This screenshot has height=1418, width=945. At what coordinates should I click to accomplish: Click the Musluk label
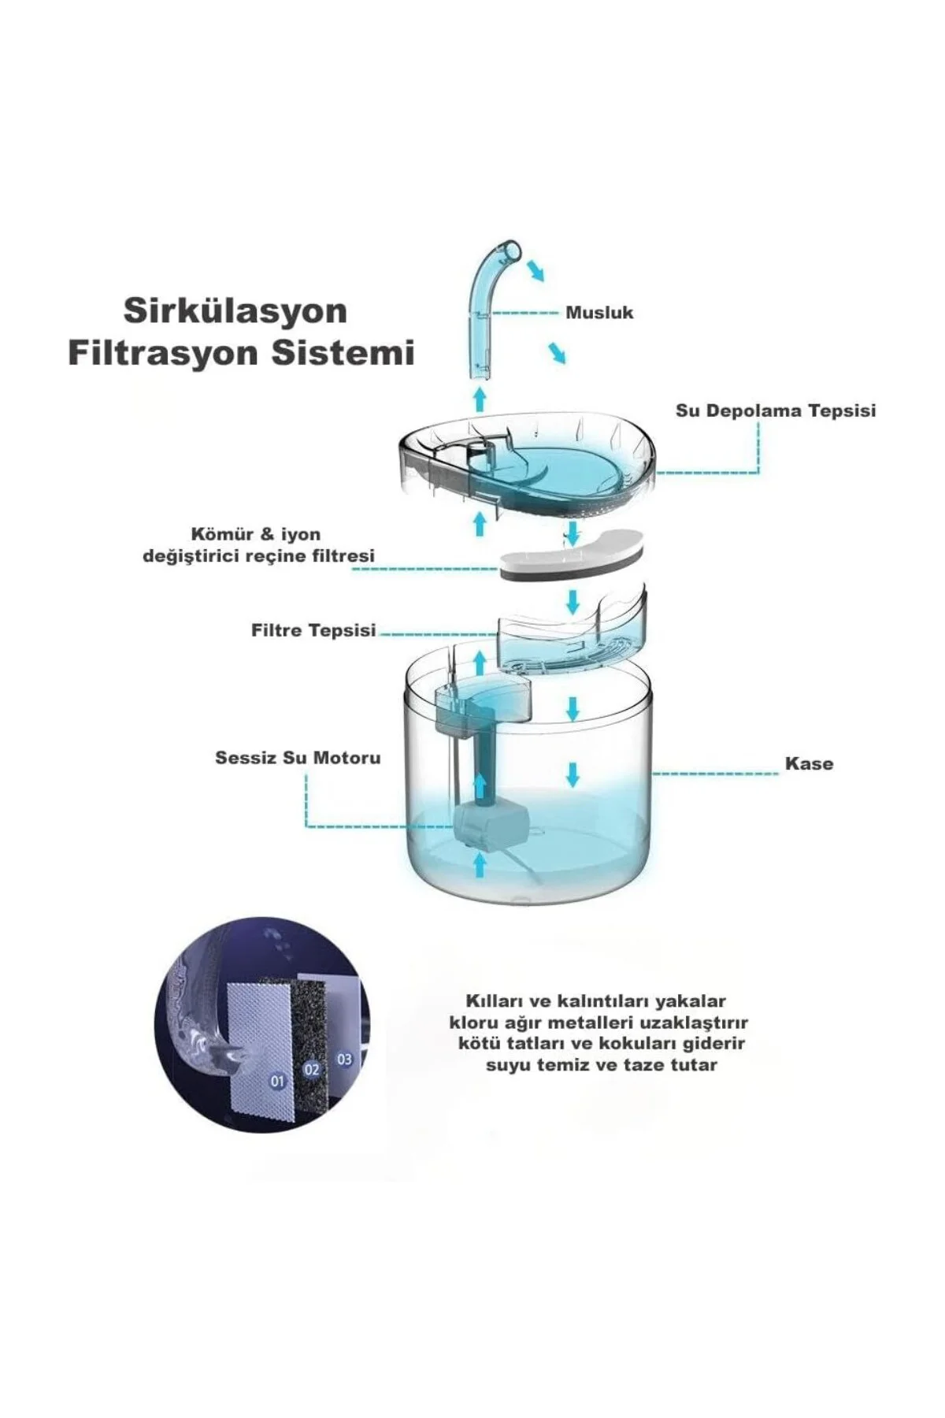(599, 313)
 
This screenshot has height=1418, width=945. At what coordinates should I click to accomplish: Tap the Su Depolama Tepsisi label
(776, 410)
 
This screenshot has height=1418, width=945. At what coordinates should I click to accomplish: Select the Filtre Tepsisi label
(313, 630)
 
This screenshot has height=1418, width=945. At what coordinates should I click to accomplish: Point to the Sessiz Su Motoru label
(298, 758)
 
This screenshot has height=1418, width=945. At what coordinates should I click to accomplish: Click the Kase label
(809, 763)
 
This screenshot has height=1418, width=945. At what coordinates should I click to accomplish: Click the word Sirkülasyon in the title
(235, 311)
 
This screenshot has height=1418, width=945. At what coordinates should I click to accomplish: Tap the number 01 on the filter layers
(276, 1082)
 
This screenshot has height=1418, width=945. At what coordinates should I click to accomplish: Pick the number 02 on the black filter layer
(311, 1069)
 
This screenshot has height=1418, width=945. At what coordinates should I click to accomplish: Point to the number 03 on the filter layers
(344, 1060)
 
